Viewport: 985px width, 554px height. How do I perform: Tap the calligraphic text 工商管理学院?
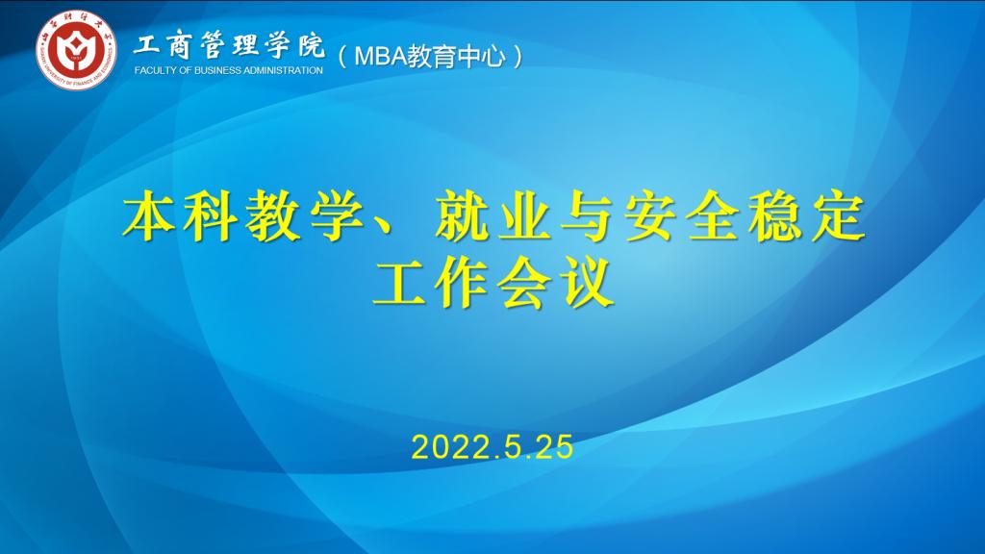point(229,45)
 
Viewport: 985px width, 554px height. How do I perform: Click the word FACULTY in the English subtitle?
point(156,71)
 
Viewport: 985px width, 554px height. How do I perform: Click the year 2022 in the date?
point(445,447)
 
